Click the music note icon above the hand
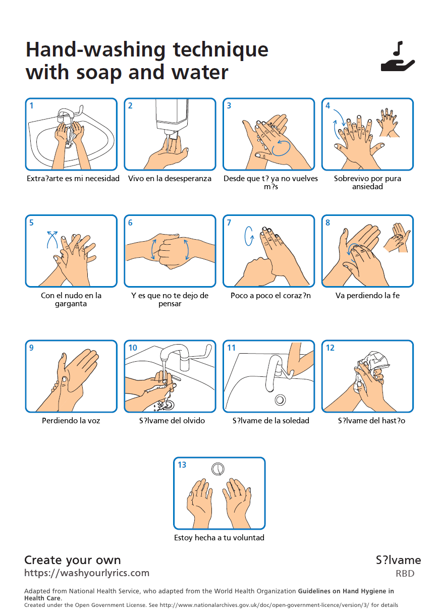398,48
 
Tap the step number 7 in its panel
229,222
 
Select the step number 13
182,465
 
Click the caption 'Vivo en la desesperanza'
170,179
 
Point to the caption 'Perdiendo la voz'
71,420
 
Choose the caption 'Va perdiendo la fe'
367,295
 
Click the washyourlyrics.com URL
87,573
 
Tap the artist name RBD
405,574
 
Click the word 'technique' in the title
221,50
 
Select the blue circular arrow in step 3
281,148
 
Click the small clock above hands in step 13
218,469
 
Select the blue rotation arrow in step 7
249,236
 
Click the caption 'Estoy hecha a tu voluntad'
219,538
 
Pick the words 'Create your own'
73,560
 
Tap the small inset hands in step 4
389,123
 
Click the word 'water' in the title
200,73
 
